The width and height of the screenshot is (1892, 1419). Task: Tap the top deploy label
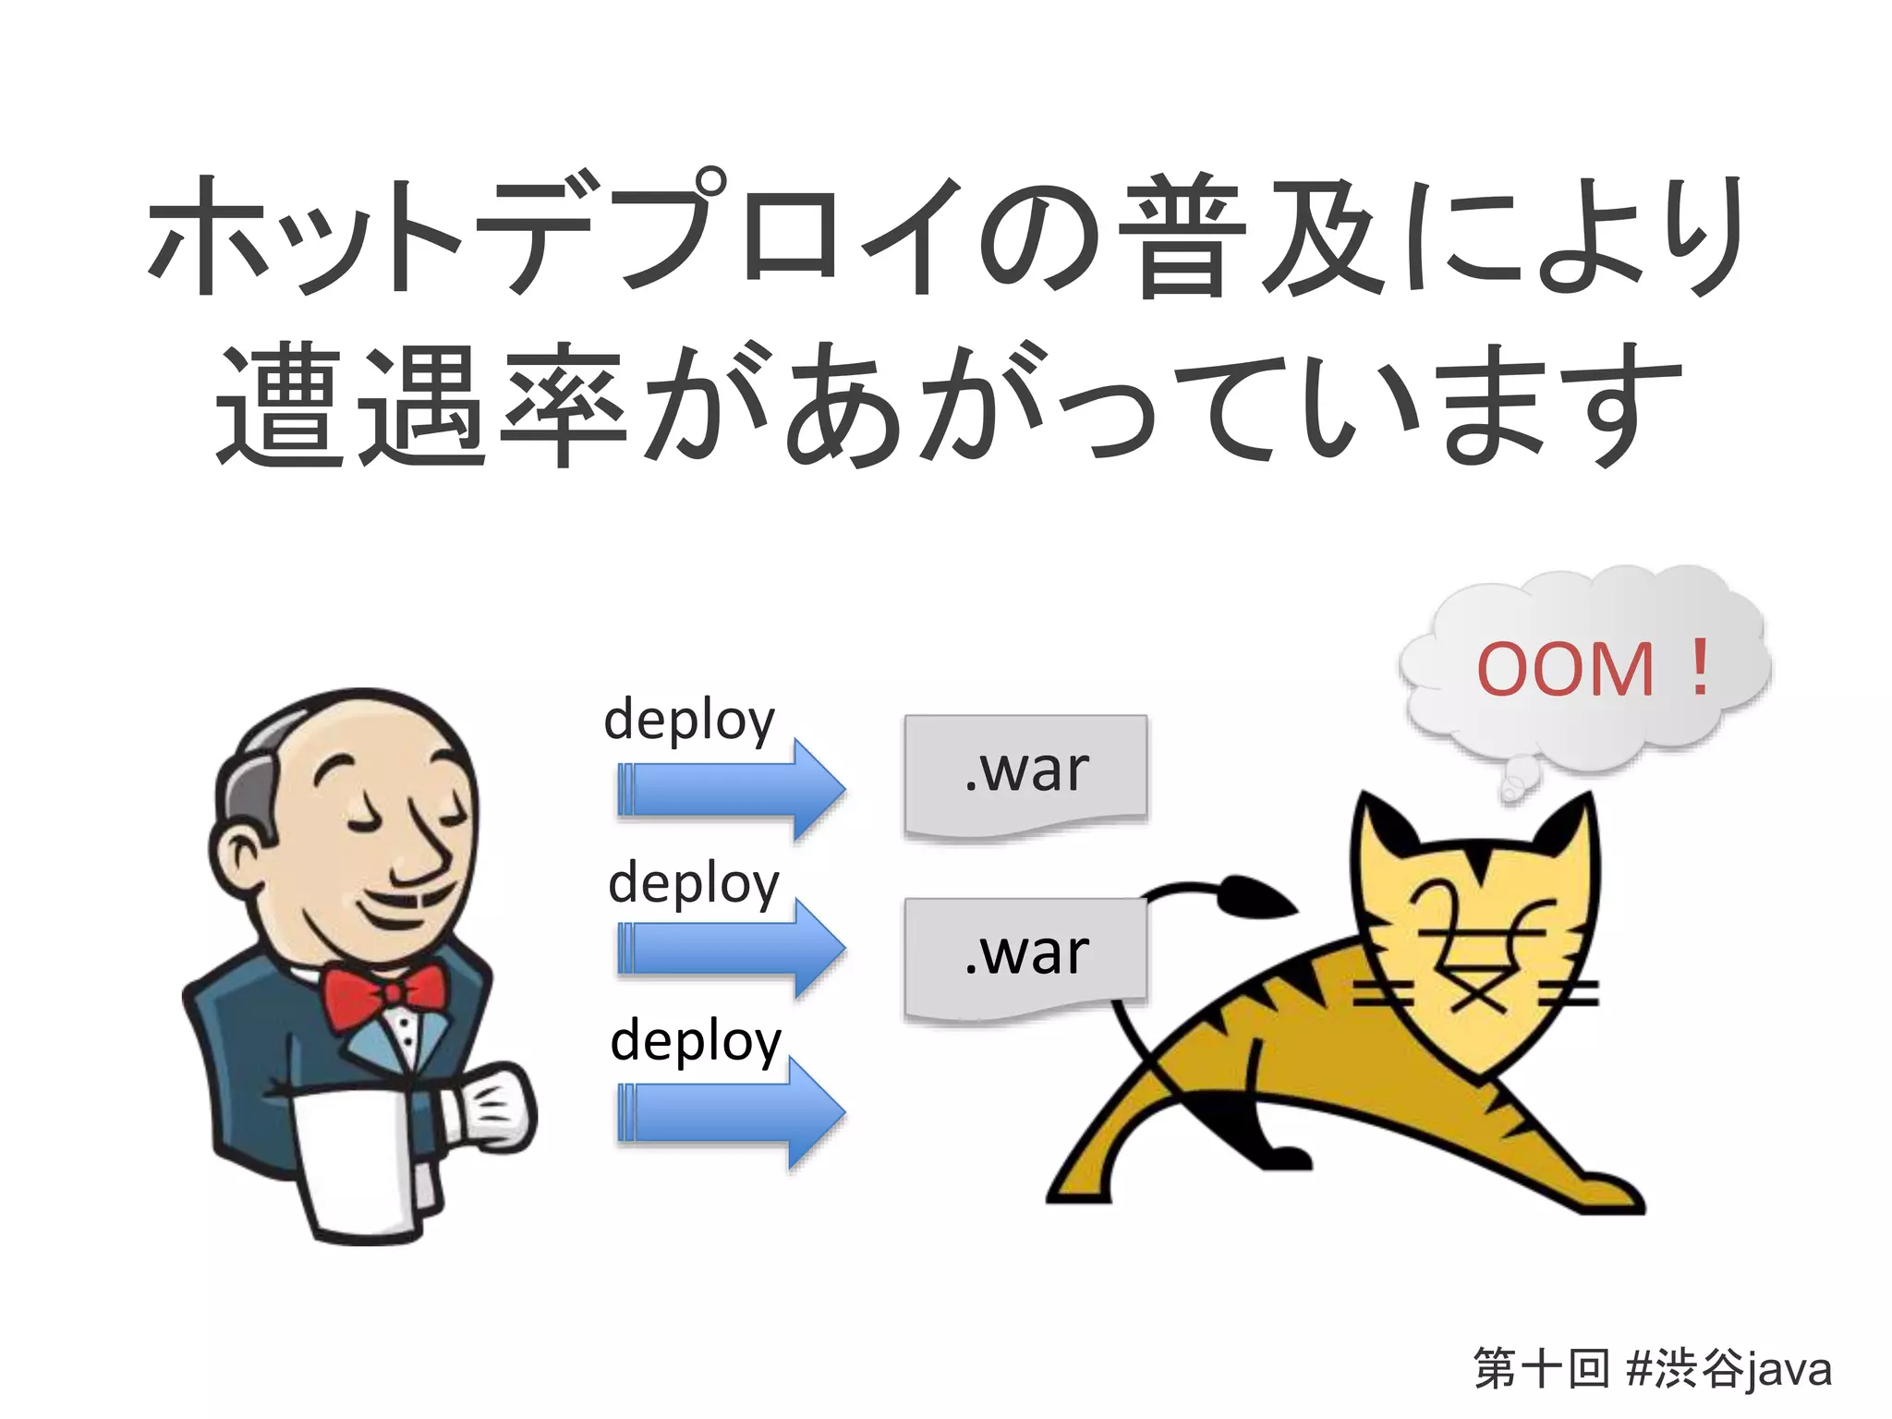pos(689,721)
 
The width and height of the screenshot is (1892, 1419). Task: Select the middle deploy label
pos(694,883)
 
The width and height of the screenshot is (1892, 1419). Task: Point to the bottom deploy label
pos(696,1041)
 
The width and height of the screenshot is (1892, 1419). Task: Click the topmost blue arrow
pos(730,790)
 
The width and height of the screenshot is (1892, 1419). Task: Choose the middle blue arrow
pos(730,949)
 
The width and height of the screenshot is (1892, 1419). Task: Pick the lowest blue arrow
pos(730,1110)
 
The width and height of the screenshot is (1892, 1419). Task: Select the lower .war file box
pos(1025,955)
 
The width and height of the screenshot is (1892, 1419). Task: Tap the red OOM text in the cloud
pos(1565,669)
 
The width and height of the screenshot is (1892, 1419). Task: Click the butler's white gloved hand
pos(490,1109)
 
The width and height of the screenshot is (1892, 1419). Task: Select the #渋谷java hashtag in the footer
pos(1728,1368)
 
